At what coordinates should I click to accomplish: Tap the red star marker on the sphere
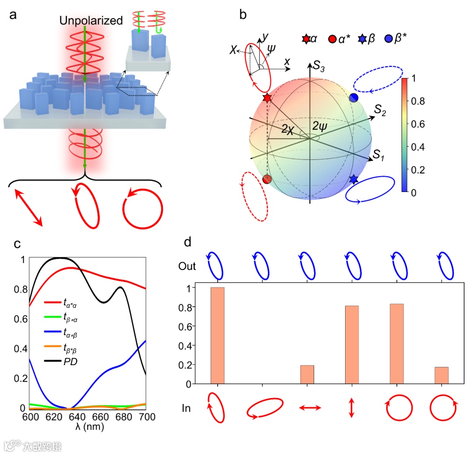point(267,98)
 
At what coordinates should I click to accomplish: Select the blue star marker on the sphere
point(354,179)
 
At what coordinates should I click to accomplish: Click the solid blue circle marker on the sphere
point(354,98)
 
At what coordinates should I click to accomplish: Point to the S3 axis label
point(318,67)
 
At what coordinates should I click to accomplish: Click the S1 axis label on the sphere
point(379,155)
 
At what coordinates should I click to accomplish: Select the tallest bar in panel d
point(218,335)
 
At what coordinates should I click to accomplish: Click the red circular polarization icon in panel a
point(143,207)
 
